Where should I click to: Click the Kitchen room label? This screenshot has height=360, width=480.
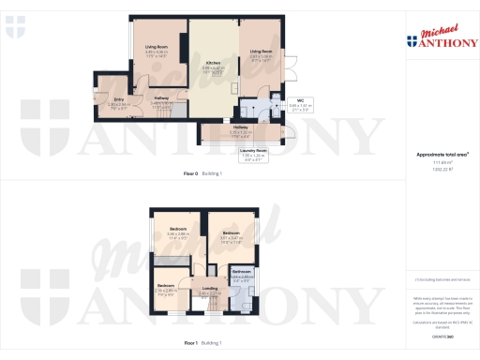pos(215,62)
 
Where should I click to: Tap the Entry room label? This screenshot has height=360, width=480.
pos(120,98)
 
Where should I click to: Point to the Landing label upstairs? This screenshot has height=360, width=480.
pos(210,289)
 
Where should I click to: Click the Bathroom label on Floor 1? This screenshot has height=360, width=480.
pos(241,270)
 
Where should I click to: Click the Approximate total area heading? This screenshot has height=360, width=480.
pos(442,153)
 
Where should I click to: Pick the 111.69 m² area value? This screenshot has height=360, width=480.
pos(442,162)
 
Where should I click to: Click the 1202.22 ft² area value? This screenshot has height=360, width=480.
pos(442,169)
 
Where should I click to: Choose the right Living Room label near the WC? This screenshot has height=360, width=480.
pos(261,52)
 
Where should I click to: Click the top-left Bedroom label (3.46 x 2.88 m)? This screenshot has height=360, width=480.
pos(179,230)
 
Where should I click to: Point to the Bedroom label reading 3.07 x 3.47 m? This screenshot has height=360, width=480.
pos(230,233)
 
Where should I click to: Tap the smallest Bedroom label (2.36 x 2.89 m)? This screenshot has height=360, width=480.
pos(166,285)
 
